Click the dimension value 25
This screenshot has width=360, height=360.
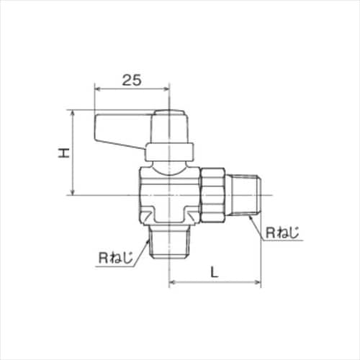[131, 81]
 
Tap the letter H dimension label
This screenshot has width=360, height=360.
[64, 153]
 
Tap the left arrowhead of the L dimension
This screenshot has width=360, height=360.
[172, 283]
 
